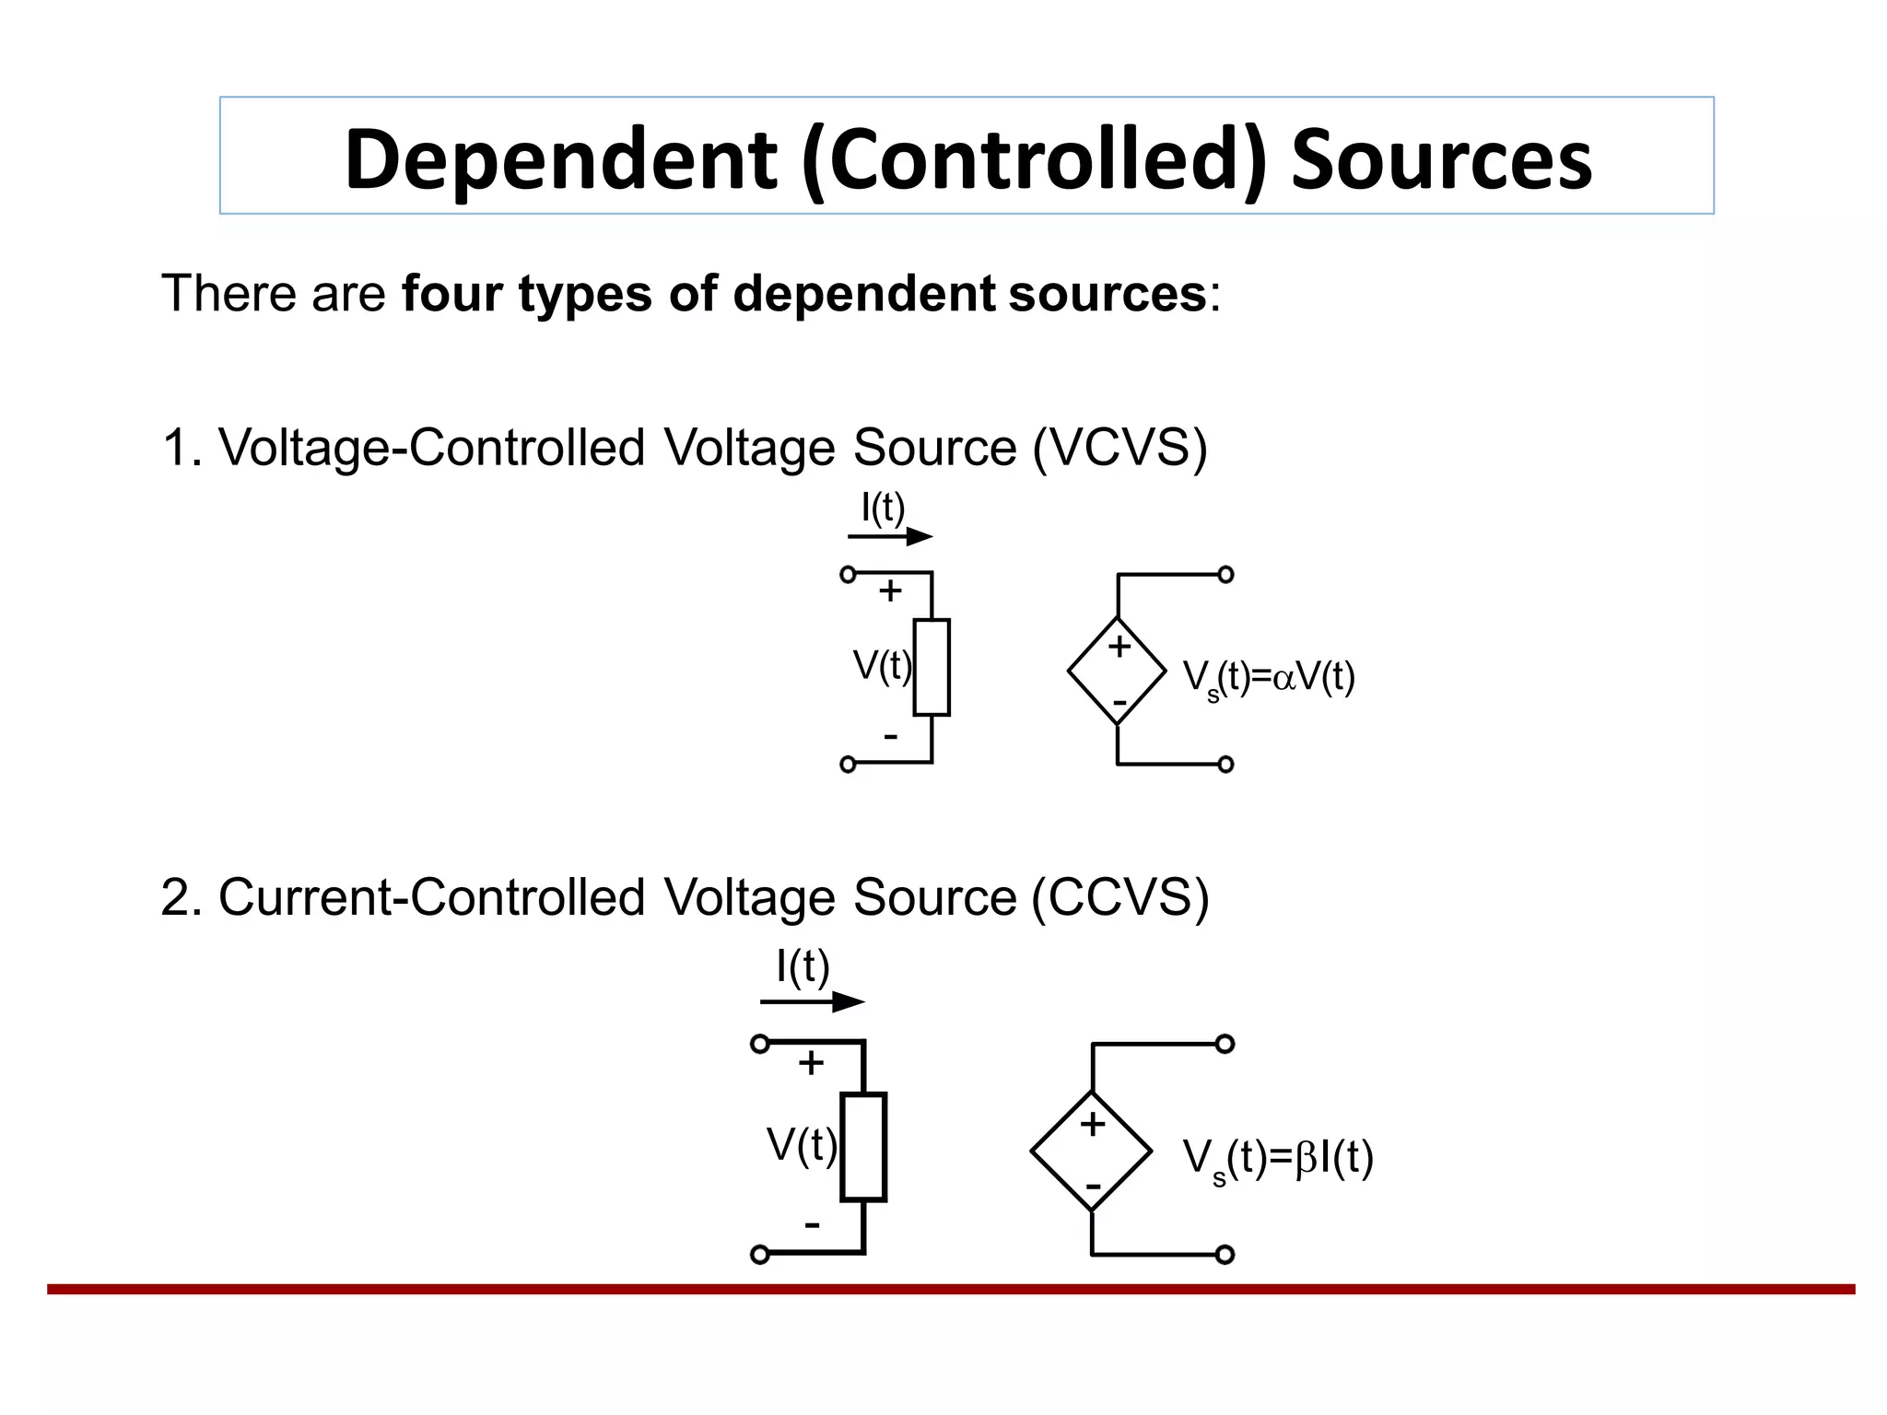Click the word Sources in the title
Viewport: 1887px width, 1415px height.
1441,158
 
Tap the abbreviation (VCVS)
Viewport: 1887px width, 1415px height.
1119,449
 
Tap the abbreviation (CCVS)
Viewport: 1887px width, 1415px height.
1119,897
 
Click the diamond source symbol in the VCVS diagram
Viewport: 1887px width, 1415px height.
1117,671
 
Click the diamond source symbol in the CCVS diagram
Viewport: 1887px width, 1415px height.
1092,1151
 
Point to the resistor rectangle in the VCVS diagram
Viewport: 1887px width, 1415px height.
932,667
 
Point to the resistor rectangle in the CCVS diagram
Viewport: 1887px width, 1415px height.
863,1147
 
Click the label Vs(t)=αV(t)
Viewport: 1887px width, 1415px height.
1269,678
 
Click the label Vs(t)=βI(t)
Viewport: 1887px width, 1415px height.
1278,1159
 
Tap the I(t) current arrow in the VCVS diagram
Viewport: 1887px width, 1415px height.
890,536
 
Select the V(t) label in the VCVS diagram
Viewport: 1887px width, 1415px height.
882,665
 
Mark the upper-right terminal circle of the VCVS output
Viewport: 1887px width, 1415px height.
1225,575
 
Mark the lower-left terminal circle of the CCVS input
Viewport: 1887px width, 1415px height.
759,1254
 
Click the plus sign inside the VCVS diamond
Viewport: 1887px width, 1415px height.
1119,646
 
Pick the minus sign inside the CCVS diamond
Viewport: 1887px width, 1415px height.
1093,1185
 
